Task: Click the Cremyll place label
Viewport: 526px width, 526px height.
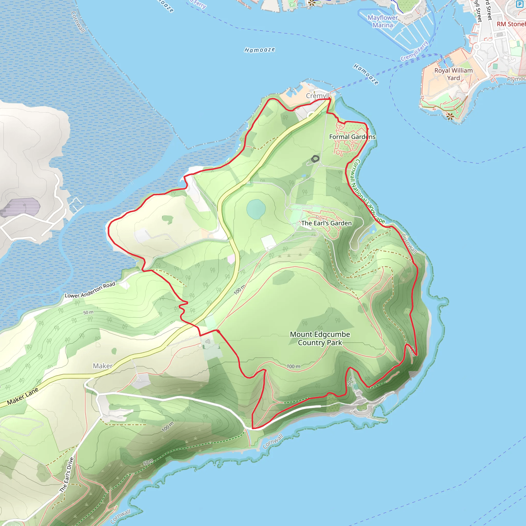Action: pyautogui.click(x=317, y=96)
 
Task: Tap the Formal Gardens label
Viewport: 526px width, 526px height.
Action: pyautogui.click(x=352, y=137)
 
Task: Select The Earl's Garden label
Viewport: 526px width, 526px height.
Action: pyautogui.click(x=326, y=223)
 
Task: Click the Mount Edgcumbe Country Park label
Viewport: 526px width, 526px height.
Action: pyautogui.click(x=320, y=339)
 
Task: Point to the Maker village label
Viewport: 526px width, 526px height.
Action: pyautogui.click(x=103, y=366)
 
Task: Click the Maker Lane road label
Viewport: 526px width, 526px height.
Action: pyautogui.click(x=23, y=396)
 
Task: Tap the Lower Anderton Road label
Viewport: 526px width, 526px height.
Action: pyautogui.click(x=90, y=290)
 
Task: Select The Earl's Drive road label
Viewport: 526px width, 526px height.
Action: pyautogui.click(x=67, y=475)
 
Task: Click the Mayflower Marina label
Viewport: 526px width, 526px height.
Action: pyautogui.click(x=382, y=22)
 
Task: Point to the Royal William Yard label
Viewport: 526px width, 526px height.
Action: pyautogui.click(x=453, y=74)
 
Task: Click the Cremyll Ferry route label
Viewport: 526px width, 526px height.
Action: pyautogui.click(x=414, y=51)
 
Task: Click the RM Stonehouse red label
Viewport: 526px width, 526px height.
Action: pyautogui.click(x=511, y=24)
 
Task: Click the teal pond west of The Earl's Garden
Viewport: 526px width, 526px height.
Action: pyautogui.click(x=256, y=209)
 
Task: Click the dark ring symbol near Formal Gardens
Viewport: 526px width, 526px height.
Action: pyautogui.click(x=315, y=159)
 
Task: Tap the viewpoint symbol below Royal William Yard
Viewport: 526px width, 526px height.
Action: pyautogui.click(x=450, y=117)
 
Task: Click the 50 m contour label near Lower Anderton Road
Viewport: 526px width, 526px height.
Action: pyautogui.click(x=88, y=313)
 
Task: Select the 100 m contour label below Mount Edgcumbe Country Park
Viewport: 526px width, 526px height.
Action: pyautogui.click(x=294, y=367)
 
